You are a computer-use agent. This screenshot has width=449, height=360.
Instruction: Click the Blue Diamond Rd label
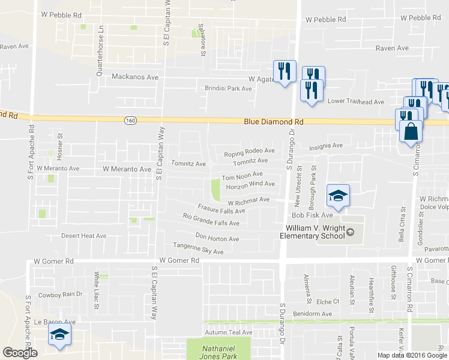(x=274, y=122)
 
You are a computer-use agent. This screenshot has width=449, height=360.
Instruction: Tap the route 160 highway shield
(x=130, y=121)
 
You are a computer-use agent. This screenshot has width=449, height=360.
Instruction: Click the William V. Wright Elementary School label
(x=315, y=232)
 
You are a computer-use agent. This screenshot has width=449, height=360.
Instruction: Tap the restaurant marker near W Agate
(x=282, y=71)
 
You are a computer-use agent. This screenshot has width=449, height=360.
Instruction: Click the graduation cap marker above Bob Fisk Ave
(x=338, y=196)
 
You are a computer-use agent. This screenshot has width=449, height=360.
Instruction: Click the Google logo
(x=20, y=353)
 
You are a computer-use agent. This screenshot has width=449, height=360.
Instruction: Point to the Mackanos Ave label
(x=136, y=77)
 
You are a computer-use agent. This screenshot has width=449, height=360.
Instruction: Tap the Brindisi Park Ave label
(x=229, y=88)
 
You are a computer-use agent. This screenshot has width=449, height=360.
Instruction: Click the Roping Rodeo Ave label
(x=249, y=154)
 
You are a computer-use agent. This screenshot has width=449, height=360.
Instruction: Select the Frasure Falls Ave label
(x=221, y=210)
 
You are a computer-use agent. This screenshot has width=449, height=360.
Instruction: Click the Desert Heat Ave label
(x=83, y=236)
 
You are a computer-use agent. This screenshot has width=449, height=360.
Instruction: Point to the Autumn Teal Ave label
(x=229, y=332)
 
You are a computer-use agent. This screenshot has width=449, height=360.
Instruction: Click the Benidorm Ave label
(x=312, y=314)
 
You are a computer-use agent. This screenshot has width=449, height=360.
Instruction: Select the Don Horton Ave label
(x=217, y=238)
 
